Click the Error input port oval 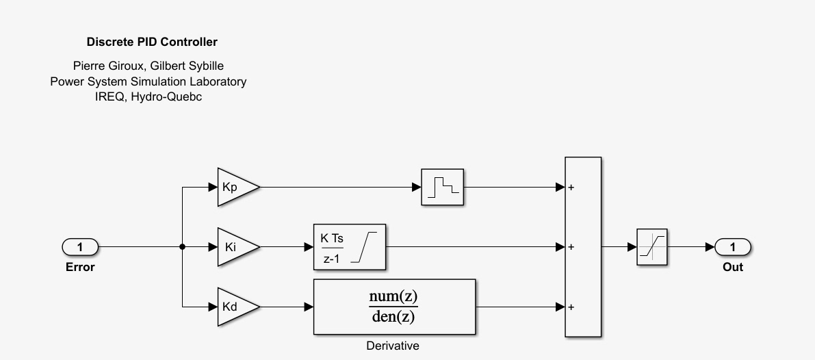[x=80, y=246]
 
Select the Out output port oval [x=732, y=246]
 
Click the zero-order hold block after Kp [x=442, y=187]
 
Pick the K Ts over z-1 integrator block [x=349, y=247]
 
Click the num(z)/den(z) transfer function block [x=393, y=307]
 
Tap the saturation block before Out [x=651, y=246]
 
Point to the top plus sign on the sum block [x=571, y=187]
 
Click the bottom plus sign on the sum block [x=571, y=307]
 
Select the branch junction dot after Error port [x=182, y=246]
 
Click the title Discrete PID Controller [x=152, y=42]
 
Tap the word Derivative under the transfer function [x=393, y=346]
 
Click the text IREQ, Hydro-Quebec [x=148, y=97]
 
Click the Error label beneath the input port [x=80, y=267]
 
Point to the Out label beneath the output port [x=732, y=267]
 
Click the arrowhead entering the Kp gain [x=213, y=187]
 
